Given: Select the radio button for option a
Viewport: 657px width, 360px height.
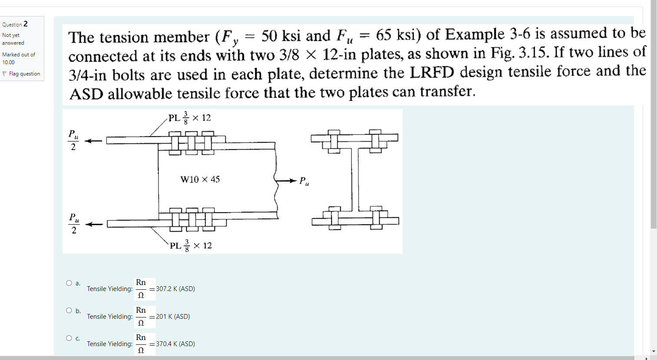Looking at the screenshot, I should click(x=69, y=283).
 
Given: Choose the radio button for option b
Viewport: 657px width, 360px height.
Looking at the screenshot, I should click(x=69, y=311).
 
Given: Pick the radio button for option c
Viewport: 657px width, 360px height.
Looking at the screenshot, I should click(x=69, y=338).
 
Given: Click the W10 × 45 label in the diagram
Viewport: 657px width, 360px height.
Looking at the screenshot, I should click(x=200, y=179).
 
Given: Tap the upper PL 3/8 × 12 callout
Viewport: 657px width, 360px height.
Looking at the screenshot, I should click(x=190, y=118).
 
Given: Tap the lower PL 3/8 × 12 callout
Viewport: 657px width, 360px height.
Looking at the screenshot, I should click(x=191, y=245).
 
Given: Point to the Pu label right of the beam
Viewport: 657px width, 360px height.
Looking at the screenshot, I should click(x=304, y=181).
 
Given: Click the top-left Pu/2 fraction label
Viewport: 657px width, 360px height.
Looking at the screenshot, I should click(x=73, y=140).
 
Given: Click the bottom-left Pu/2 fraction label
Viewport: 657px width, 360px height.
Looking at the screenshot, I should click(x=74, y=223).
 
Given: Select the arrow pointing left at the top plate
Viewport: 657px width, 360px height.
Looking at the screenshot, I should click(x=93, y=141).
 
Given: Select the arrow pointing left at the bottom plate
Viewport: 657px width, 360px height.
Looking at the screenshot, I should click(x=94, y=224).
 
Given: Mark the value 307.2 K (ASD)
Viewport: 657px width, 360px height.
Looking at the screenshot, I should click(x=175, y=289).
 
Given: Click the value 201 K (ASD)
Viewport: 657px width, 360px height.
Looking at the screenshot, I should click(x=173, y=317).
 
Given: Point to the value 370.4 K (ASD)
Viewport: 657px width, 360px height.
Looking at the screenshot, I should click(x=175, y=344).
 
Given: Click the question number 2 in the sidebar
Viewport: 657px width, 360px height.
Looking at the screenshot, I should click(x=26, y=24).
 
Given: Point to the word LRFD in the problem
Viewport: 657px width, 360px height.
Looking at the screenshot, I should click(x=432, y=72).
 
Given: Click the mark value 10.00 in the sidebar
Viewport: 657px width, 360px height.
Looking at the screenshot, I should click(x=8, y=62).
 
